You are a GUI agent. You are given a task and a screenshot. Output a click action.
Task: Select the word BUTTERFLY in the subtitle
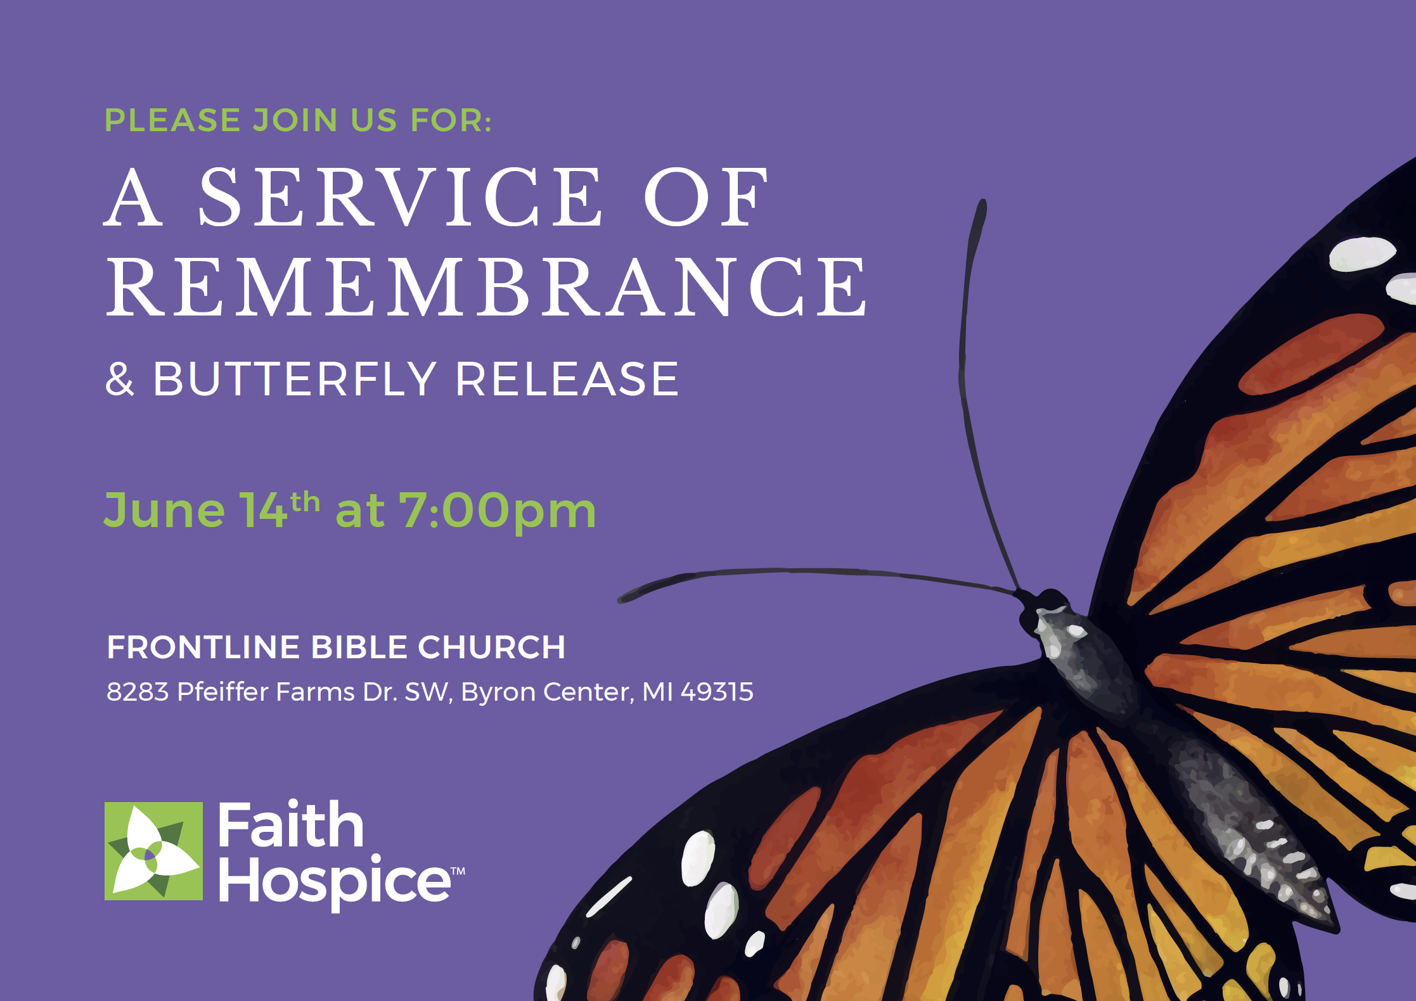tap(295, 379)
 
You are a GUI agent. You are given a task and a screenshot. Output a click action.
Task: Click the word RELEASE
tap(567, 379)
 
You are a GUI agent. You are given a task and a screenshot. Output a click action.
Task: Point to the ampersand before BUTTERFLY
tap(120, 379)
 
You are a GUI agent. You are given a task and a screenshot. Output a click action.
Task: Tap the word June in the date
tap(165, 510)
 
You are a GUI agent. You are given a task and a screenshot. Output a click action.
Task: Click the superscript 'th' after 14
tap(305, 502)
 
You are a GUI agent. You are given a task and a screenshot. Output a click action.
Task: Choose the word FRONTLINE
tap(203, 647)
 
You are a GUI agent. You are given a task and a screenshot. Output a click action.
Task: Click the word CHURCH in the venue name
tap(491, 647)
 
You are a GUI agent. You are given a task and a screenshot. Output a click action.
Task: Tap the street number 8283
tap(138, 692)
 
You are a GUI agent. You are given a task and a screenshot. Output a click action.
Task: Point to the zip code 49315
tap(717, 692)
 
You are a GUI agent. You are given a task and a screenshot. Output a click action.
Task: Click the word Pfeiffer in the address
tap(223, 691)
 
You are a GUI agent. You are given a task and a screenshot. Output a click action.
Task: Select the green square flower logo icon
tap(153, 851)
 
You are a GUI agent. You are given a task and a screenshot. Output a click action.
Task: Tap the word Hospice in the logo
tap(334, 881)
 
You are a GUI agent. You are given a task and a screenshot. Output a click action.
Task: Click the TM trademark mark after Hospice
tap(458, 871)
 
